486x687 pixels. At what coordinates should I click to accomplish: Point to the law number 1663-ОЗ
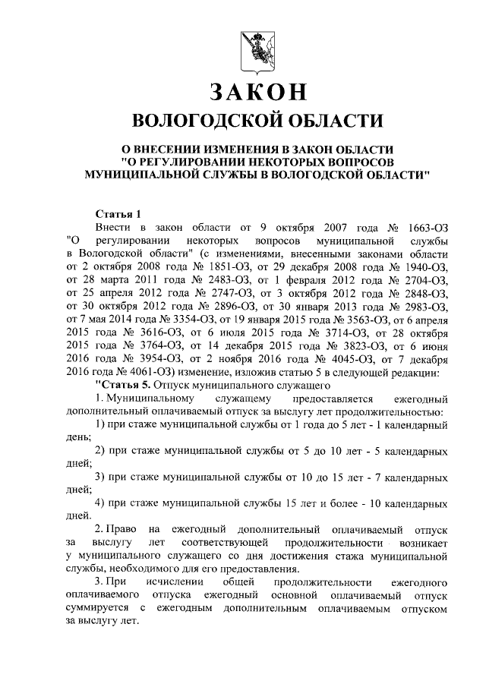point(420,227)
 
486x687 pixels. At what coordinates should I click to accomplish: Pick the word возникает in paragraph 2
point(420,544)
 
